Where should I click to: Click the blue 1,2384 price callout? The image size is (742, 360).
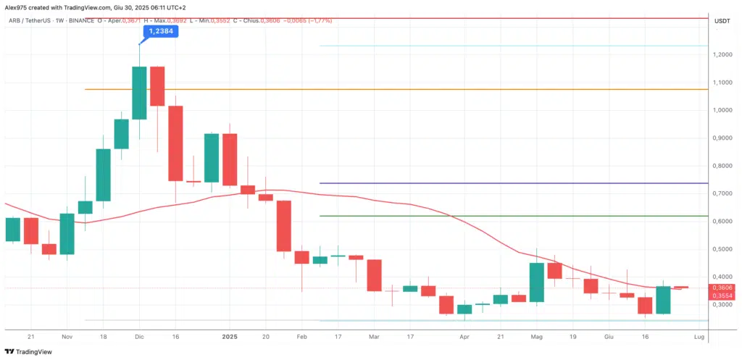[x=160, y=32]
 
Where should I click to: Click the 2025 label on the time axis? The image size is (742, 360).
[x=230, y=337]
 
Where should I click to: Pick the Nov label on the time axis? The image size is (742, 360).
[x=67, y=337]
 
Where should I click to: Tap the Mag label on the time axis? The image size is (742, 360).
[x=537, y=337]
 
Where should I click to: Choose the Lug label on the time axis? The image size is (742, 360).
[x=699, y=337]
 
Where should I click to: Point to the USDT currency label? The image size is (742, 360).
[x=722, y=21]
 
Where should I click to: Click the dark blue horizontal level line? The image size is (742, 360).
[x=507, y=183]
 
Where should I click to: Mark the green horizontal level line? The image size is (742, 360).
[x=507, y=216]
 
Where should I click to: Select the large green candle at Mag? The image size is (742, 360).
[x=537, y=282]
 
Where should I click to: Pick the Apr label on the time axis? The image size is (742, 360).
[x=464, y=337]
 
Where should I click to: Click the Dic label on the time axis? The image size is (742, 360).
[x=140, y=337]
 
